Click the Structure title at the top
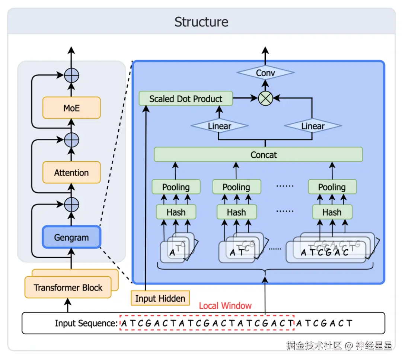click(201, 22)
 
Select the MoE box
click(71, 108)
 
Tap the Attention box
click(71, 173)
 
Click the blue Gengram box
click(71, 237)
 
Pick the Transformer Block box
click(68, 287)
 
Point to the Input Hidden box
click(160, 298)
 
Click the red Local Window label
click(225, 306)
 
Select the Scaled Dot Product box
click(186, 99)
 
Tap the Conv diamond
click(265, 73)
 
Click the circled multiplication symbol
click(265, 99)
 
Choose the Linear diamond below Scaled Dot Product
click(219, 126)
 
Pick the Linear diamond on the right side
click(313, 126)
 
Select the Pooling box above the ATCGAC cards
click(332, 187)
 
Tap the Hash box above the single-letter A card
click(176, 212)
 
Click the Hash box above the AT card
click(236, 212)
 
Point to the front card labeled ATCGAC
click(325, 253)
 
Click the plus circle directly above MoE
click(71, 75)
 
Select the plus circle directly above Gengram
click(71, 204)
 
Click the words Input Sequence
click(86, 323)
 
